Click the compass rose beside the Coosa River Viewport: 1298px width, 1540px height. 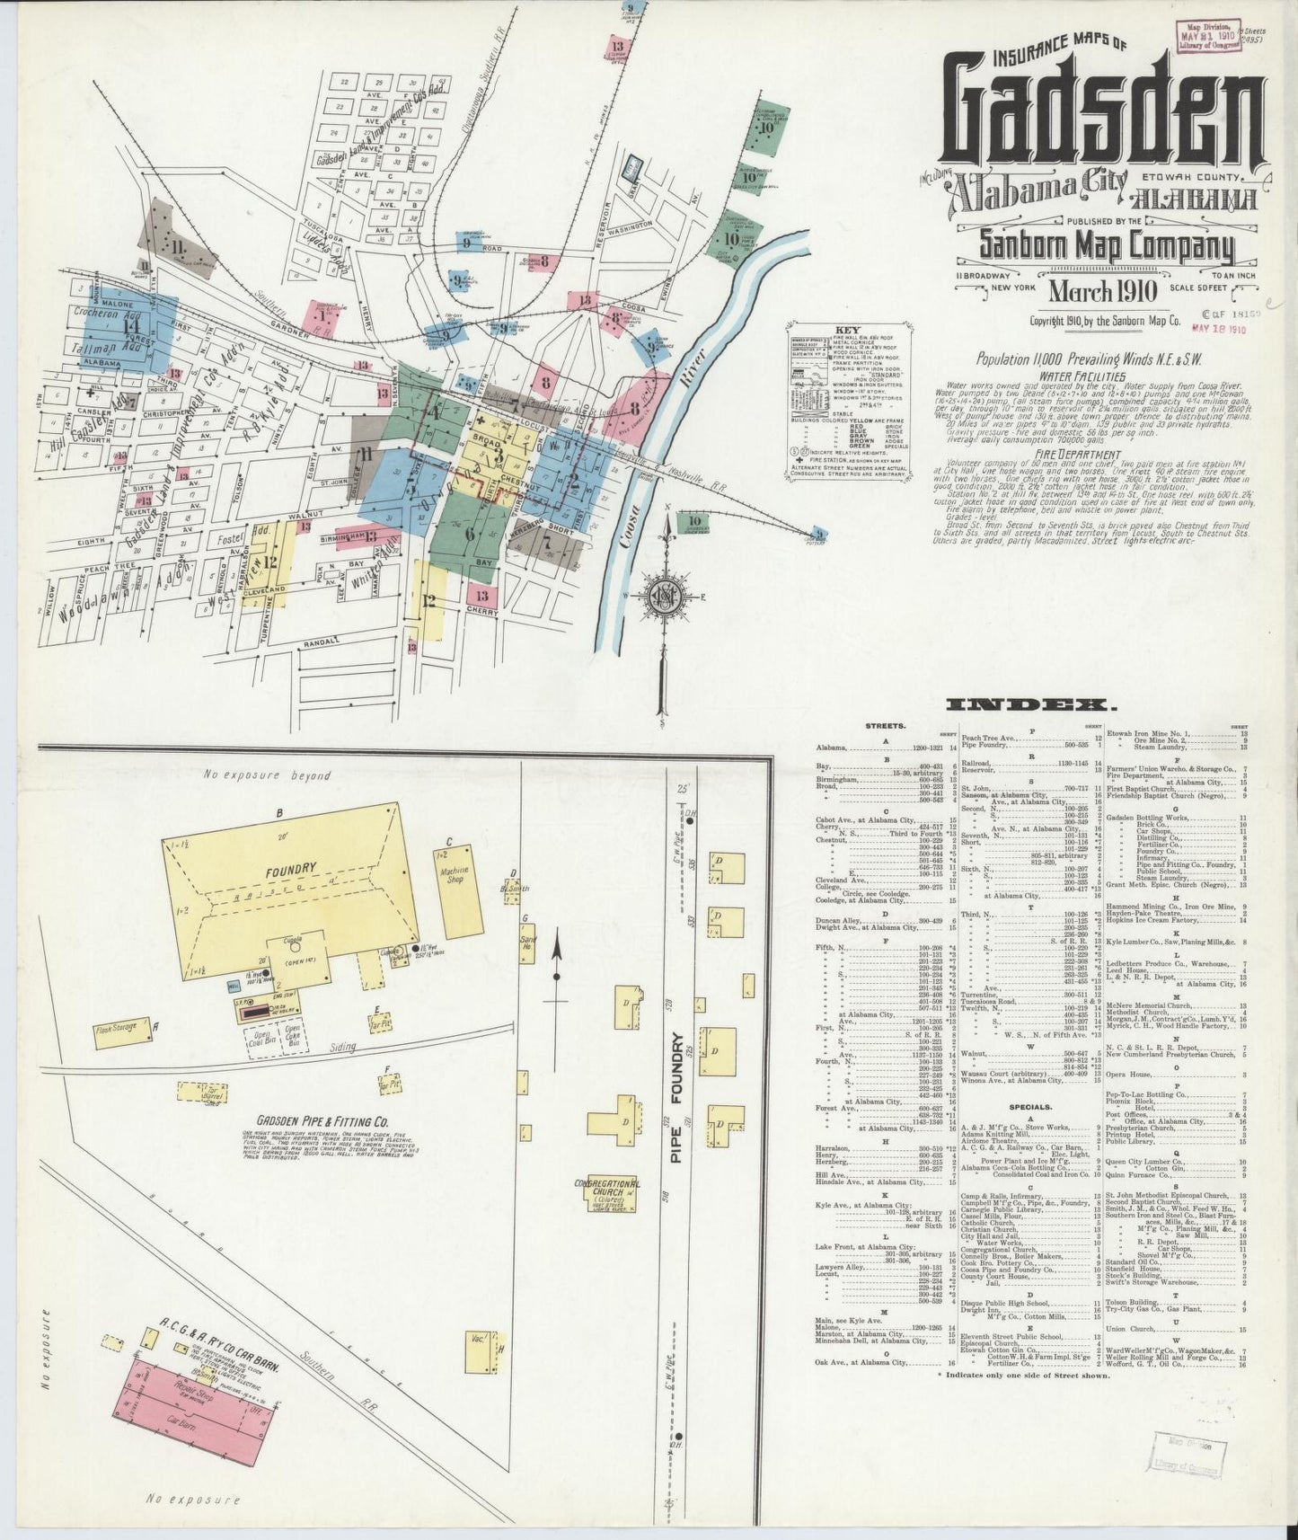coord(665,597)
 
